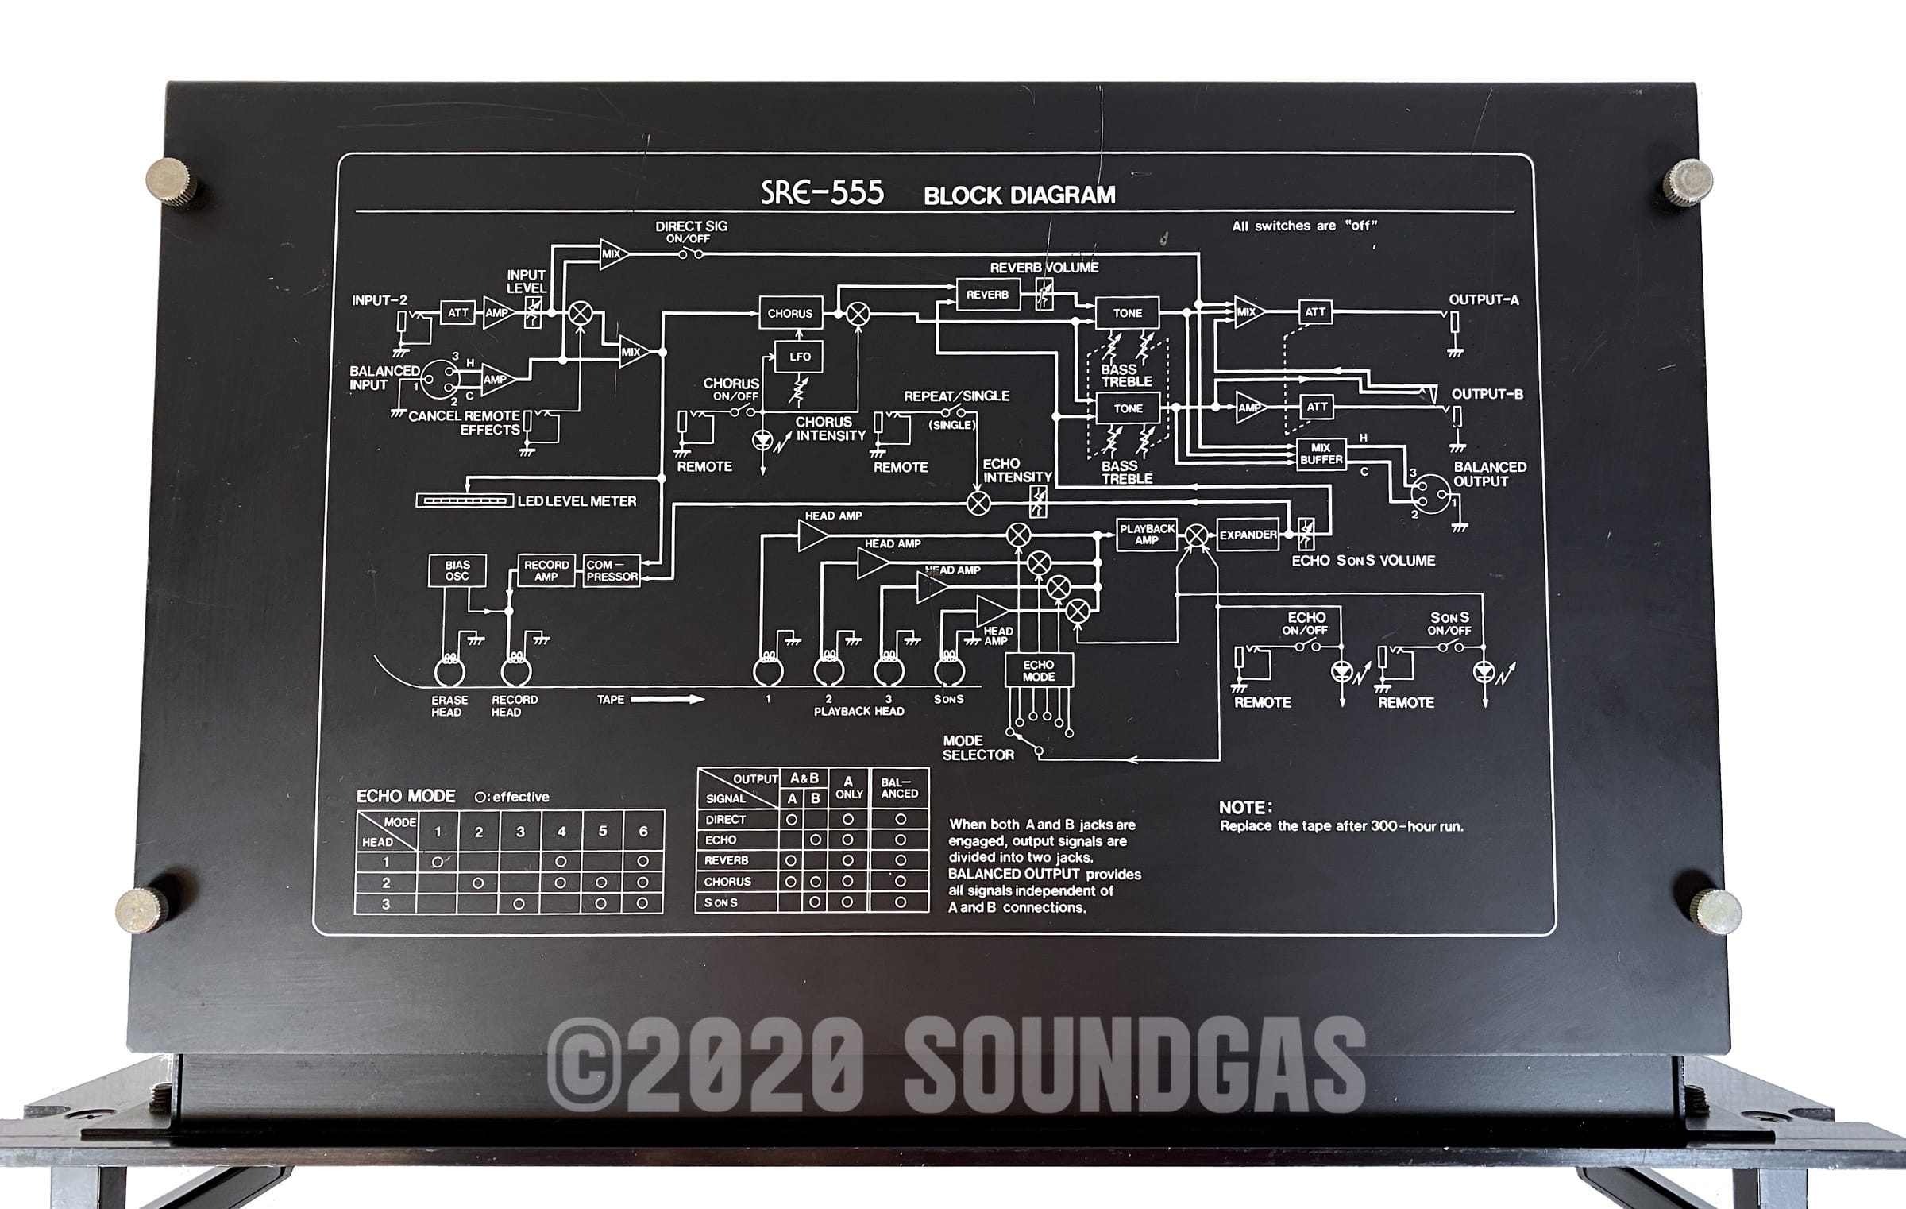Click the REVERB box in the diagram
point(987,295)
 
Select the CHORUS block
point(789,313)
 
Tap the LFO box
point(800,357)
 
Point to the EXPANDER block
point(1248,535)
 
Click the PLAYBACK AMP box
point(1147,534)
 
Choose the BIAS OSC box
point(457,570)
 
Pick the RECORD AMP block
point(546,570)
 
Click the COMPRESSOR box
point(612,570)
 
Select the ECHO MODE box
point(1039,670)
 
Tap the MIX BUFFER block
point(1321,454)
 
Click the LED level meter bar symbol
point(464,501)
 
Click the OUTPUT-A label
point(1484,299)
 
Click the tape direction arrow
point(667,699)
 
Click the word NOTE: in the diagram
point(1245,807)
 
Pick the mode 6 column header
point(643,832)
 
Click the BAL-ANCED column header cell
point(900,788)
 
